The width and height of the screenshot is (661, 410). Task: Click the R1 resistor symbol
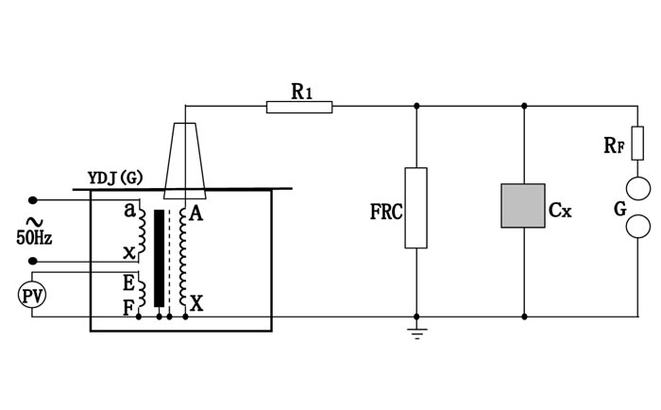(299, 107)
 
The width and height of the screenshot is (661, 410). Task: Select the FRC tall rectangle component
(415, 208)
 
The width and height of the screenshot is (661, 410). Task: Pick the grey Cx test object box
(524, 205)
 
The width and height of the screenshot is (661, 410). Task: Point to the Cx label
(560, 210)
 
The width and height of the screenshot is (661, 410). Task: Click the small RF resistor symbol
(637, 143)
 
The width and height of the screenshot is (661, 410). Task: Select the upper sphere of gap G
(637, 187)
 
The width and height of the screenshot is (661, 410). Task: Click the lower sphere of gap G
(637, 226)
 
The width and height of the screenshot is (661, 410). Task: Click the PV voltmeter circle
(33, 296)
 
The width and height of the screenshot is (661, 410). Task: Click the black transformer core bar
(159, 257)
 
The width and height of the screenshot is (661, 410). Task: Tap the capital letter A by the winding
(195, 213)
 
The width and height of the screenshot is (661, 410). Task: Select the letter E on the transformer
(127, 281)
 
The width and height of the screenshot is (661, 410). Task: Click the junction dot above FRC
(415, 107)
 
